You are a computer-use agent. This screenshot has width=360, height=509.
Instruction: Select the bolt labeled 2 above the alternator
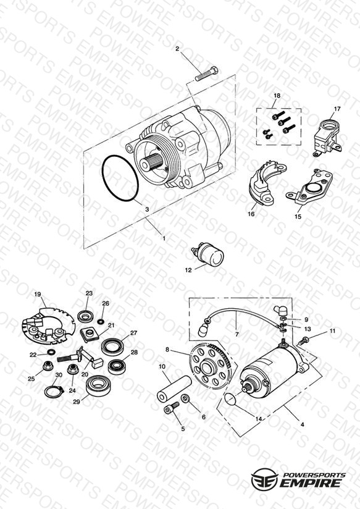206,74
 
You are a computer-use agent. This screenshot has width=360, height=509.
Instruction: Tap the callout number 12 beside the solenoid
188,270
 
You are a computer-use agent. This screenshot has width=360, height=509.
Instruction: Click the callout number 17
337,109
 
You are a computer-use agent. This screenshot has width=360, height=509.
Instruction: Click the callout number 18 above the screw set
277,96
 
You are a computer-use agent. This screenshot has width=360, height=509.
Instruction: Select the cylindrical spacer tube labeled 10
175,389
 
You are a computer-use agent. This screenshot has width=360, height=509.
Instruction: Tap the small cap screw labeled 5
172,408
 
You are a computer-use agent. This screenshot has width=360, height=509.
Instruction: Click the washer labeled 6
186,398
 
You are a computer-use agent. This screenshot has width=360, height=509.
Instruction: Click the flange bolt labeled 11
303,341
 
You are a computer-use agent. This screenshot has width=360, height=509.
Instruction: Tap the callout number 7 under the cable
237,334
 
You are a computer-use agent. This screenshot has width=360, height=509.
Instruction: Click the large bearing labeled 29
98,385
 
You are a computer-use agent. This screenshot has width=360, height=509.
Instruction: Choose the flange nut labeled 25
48,366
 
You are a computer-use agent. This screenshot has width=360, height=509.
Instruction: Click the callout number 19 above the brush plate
38,295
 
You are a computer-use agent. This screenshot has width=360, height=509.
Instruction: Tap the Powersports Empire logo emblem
264,479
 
